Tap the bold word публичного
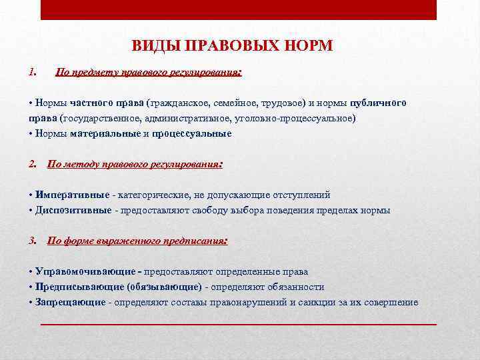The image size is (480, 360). (x=378, y=103)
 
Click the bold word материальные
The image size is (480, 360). (x=105, y=133)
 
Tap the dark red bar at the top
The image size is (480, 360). (x=238, y=9)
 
